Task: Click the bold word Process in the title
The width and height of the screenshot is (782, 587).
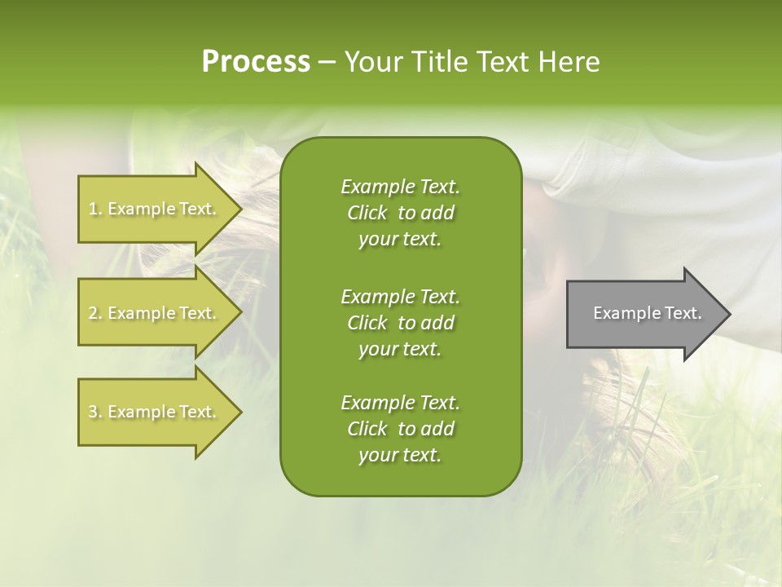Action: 256,62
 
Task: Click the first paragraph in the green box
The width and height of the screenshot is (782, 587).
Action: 400,213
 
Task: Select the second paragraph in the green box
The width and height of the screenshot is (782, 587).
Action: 400,322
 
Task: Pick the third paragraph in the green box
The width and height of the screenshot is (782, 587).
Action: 400,429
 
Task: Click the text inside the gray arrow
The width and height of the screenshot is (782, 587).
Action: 647,313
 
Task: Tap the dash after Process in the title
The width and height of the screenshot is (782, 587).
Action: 327,63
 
